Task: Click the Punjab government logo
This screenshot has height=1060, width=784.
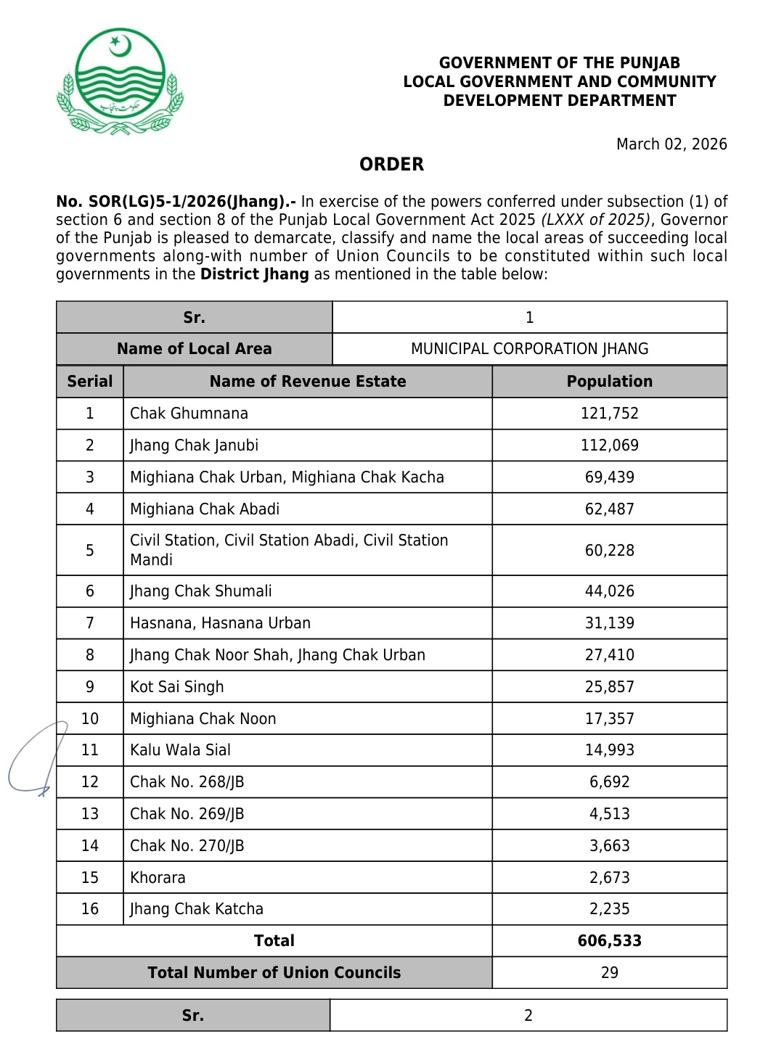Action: point(120,82)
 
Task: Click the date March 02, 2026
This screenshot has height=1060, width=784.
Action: point(671,144)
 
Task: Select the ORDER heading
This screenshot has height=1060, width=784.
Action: point(391,164)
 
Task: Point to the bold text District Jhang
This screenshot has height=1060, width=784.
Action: point(255,274)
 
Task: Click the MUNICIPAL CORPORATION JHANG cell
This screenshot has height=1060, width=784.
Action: point(529,349)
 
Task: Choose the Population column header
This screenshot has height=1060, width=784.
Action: point(609,382)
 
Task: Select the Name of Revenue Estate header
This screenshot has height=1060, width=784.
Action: point(308,382)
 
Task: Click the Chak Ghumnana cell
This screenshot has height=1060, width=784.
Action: point(189,414)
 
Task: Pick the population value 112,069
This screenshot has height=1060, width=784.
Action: point(609,445)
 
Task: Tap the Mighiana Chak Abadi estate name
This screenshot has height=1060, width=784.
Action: point(205,509)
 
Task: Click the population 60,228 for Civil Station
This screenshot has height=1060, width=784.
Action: point(609,551)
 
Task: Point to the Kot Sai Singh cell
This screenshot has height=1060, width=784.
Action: point(177,687)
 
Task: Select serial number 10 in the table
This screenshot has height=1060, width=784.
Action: point(90,719)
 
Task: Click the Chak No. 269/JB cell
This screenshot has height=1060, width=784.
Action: point(187,814)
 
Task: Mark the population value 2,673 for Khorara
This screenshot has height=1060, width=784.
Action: point(609,878)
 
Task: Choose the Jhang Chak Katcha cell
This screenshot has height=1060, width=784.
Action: point(197,909)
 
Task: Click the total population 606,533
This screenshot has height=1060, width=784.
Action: point(609,941)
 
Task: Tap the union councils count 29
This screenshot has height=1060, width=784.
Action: point(609,973)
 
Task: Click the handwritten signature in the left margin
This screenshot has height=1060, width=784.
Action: point(36,758)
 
